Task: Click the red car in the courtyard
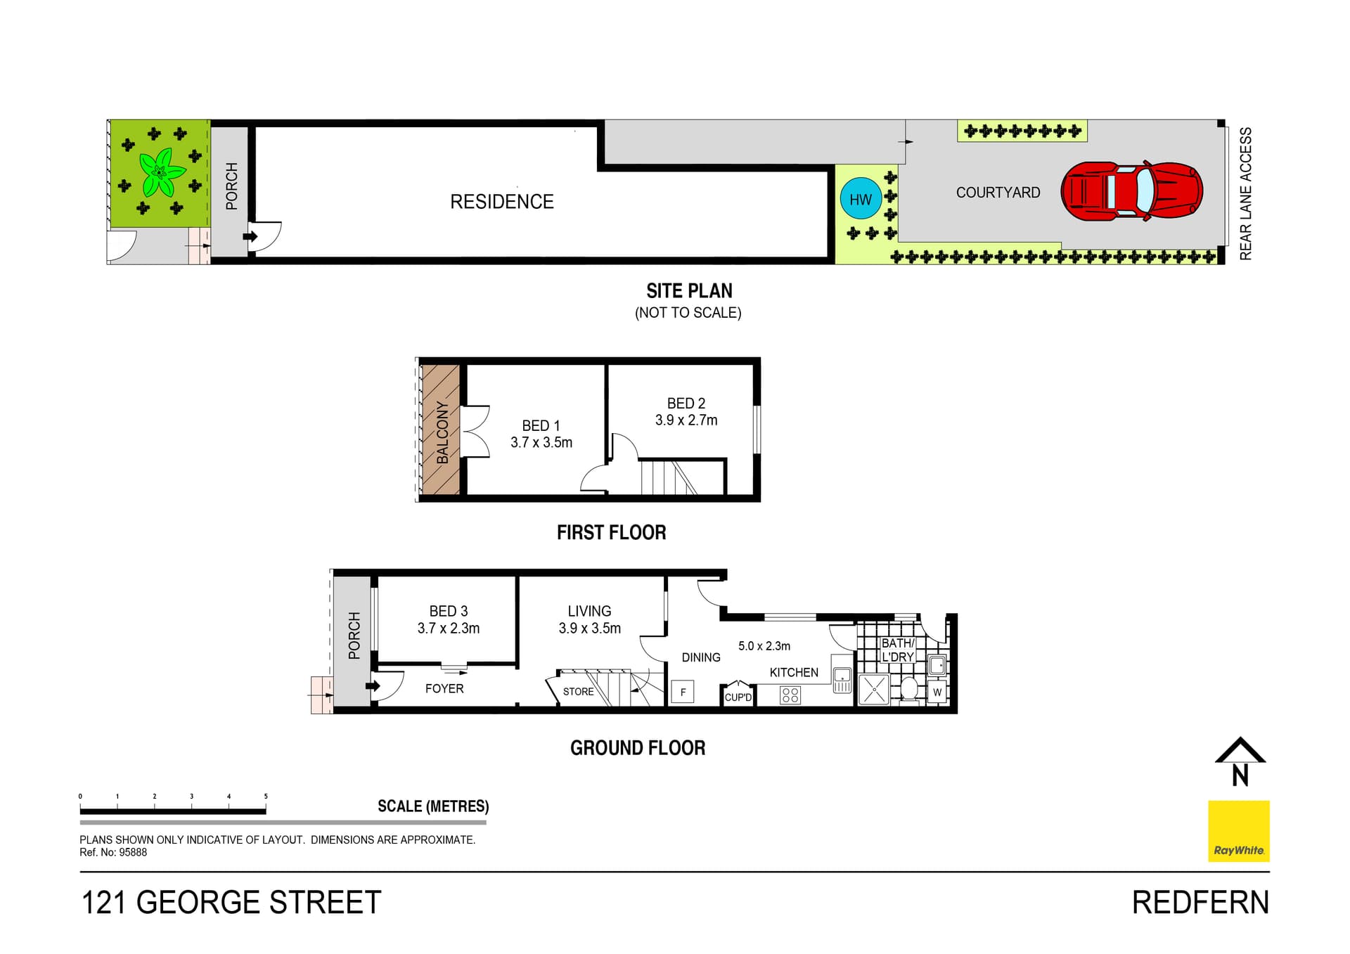(x=1131, y=191)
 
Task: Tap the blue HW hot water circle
(x=861, y=200)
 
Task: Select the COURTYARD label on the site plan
(x=998, y=193)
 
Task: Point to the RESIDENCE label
(x=501, y=202)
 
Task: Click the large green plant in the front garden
(x=161, y=172)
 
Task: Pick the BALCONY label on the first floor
(x=442, y=432)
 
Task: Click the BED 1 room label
(x=541, y=426)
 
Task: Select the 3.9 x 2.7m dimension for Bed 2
(x=686, y=420)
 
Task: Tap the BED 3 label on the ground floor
(x=449, y=612)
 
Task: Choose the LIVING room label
(x=589, y=612)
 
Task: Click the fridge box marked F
(x=683, y=692)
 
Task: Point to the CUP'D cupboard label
(x=738, y=697)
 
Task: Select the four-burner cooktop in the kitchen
(x=790, y=695)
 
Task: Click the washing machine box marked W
(x=937, y=692)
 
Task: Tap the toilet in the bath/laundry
(x=908, y=688)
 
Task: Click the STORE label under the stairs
(x=578, y=692)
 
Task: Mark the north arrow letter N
(x=1240, y=775)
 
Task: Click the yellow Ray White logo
(x=1239, y=831)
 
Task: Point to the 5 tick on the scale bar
(x=266, y=797)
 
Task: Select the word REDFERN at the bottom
(x=1200, y=903)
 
